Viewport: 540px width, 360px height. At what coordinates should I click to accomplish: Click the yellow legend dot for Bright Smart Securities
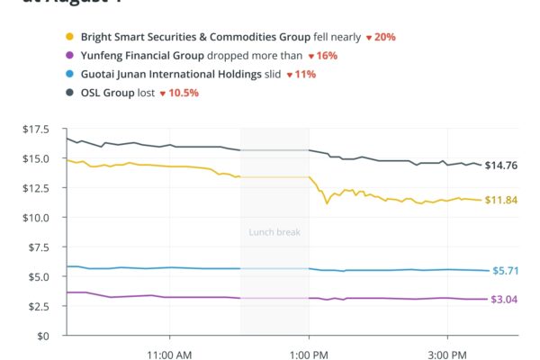click(x=69, y=38)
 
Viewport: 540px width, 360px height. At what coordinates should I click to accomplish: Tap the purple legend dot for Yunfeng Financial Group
click(x=69, y=56)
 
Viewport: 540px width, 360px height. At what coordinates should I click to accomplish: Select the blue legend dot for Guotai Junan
click(x=69, y=75)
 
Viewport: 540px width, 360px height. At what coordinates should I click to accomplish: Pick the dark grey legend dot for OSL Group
click(x=69, y=93)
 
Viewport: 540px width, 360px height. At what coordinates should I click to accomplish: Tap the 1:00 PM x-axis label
click(x=309, y=354)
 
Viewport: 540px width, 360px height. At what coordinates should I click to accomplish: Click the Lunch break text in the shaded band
click(x=274, y=232)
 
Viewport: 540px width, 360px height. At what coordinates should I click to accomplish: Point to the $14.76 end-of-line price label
click(x=500, y=166)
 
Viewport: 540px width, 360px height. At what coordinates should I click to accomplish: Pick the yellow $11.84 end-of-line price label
click(x=500, y=200)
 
